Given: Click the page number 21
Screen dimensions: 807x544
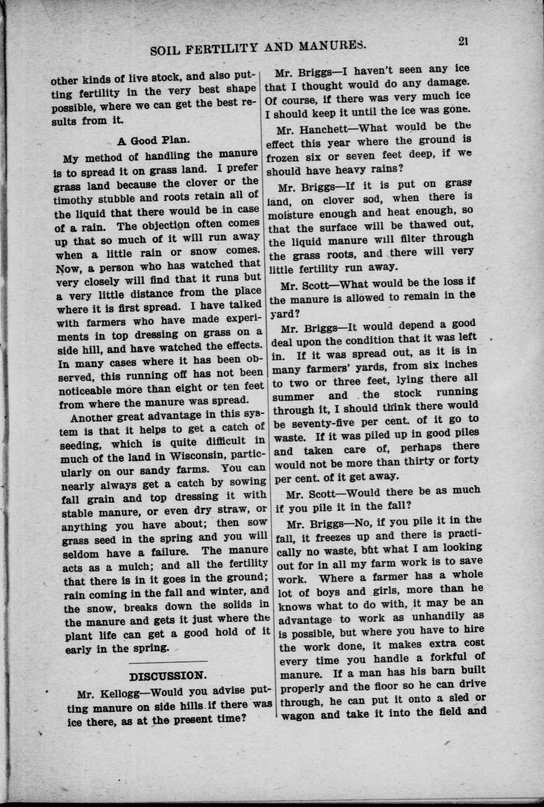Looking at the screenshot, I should coord(466,41).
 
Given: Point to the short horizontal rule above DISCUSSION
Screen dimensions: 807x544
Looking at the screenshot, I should coord(167,663).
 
